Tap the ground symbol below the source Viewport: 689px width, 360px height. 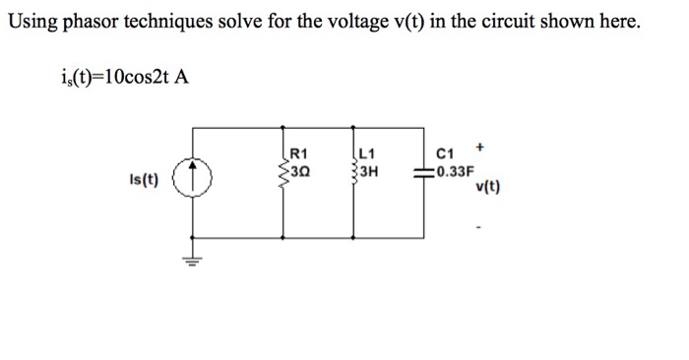click(x=192, y=260)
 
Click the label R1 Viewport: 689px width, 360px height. click(x=301, y=153)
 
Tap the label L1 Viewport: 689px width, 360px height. click(x=368, y=153)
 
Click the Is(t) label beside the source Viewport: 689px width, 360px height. click(x=145, y=181)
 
